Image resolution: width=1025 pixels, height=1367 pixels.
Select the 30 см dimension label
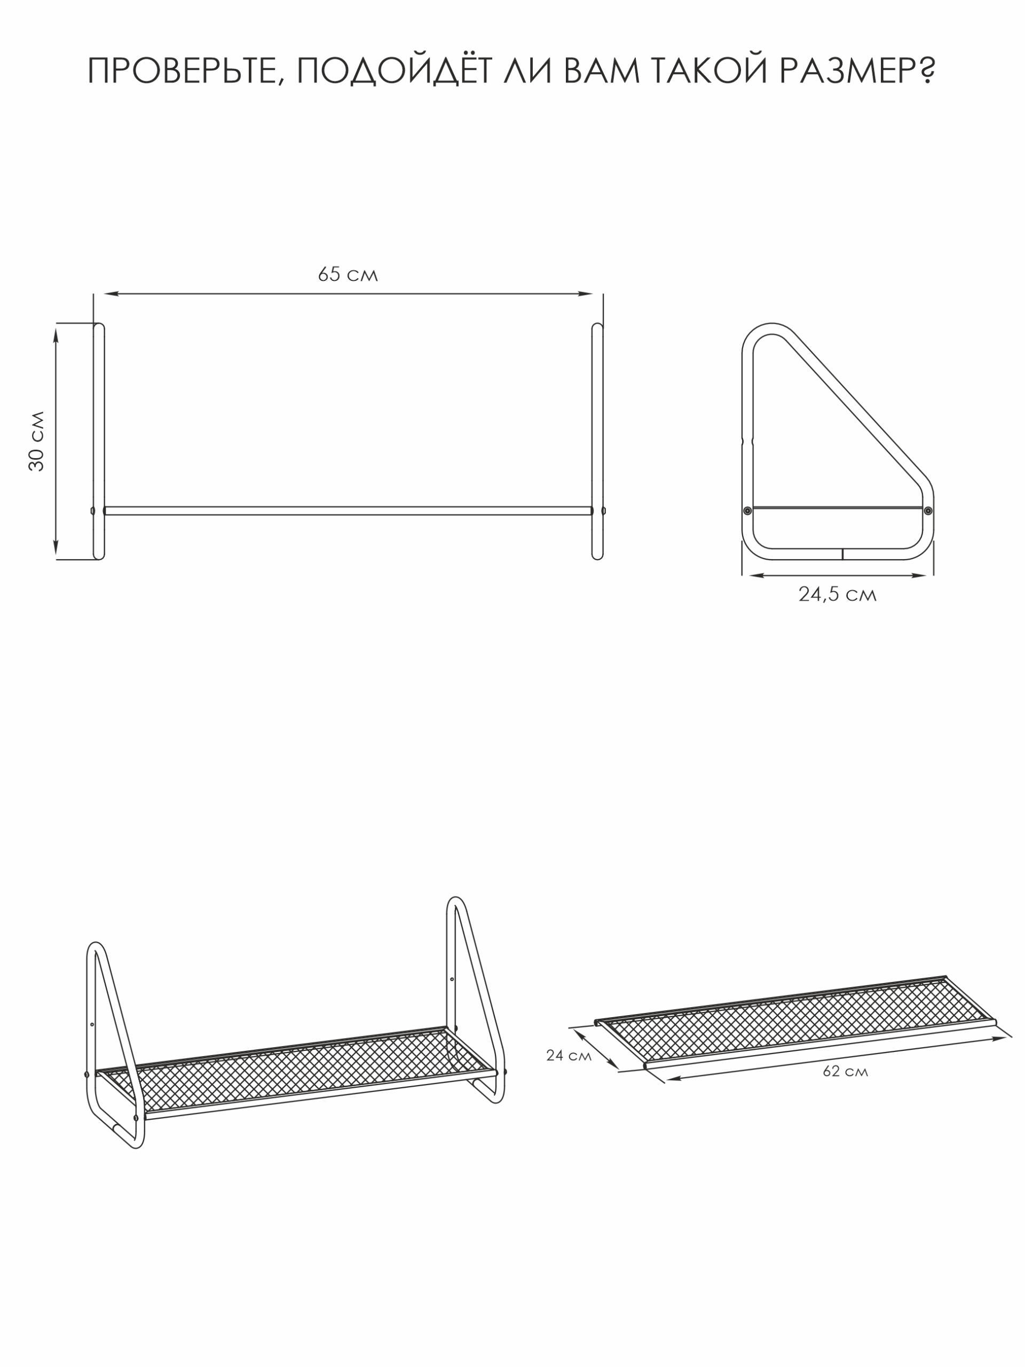click(x=37, y=441)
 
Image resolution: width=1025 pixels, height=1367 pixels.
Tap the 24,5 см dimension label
click(x=837, y=594)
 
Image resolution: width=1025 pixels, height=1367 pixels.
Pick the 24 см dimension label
click(x=569, y=1056)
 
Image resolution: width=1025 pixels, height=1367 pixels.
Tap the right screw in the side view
click(x=927, y=510)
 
